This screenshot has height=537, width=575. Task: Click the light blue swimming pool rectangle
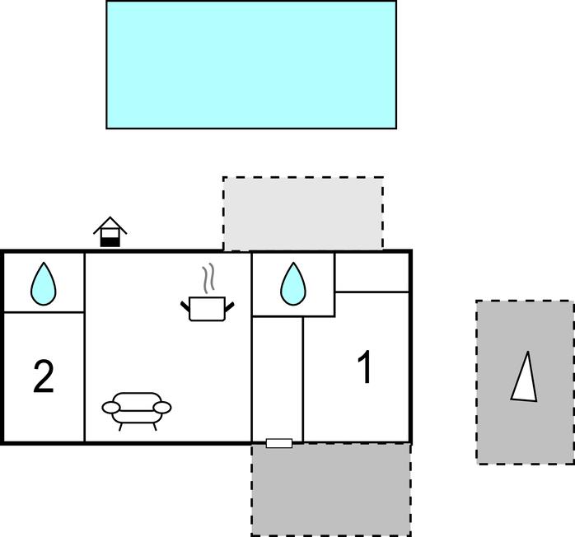click(251, 64)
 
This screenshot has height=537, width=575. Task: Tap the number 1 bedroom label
click(365, 367)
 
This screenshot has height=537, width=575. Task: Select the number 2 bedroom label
click(44, 376)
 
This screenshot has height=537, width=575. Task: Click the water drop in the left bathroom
click(44, 283)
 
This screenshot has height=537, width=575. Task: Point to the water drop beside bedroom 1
click(293, 283)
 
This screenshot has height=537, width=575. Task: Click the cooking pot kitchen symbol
click(208, 309)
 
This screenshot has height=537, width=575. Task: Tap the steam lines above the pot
click(208, 278)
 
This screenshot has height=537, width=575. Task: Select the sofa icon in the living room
click(137, 411)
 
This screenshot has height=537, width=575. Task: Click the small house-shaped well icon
click(110, 232)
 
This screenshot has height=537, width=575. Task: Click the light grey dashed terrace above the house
click(303, 213)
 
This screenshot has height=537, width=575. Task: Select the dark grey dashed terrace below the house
click(331, 490)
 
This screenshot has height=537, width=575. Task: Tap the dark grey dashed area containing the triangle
click(525, 382)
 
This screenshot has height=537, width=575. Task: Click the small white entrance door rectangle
click(279, 443)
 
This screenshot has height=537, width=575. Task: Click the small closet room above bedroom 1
click(372, 273)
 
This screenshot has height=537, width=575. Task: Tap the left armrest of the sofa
click(110, 407)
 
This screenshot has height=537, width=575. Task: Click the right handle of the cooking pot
click(229, 307)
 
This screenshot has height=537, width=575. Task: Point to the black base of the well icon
click(110, 242)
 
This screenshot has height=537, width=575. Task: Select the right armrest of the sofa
click(162, 407)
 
